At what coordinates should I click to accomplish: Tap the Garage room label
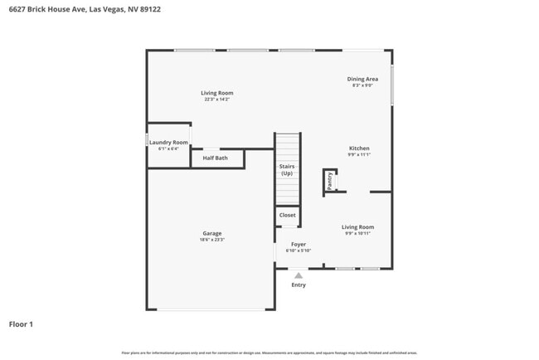pyautogui.click(x=211, y=233)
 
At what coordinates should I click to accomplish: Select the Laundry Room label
pyautogui.click(x=168, y=143)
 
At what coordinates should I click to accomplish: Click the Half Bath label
pyautogui.click(x=216, y=158)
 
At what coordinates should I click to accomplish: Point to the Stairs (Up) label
pyautogui.click(x=287, y=170)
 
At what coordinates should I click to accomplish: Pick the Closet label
pyautogui.click(x=287, y=215)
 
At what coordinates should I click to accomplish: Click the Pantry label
pyautogui.click(x=329, y=182)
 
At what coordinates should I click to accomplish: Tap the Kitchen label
pyautogui.click(x=359, y=148)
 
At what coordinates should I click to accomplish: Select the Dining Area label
pyautogui.click(x=362, y=79)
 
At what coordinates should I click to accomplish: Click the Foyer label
pyautogui.click(x=298, y=245)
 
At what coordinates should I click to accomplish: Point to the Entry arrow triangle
pyautogui.click(x=299, y=275)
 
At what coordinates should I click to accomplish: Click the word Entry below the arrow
pyautogui.click(x=299, y=285)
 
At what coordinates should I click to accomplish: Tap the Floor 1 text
pyautogui.click(x=21, y=324)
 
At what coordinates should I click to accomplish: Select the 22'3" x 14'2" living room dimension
pyautogui.click(x=217, y=100)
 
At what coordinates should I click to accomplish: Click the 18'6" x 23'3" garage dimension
pyautogui.click(x=211, y=240)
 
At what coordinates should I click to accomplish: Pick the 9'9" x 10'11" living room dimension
pyautogui.click(x=358, y=234)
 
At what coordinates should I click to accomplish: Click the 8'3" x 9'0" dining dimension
pyautogui.click(x=362, y=85)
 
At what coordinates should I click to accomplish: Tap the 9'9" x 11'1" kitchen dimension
pyautogui.click(x=359, y=155)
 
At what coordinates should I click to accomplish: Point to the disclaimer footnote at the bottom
pyautogui.click(x=269, y=353)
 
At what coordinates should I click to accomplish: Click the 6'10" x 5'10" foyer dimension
pyautogui.click(x=298, y=251)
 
